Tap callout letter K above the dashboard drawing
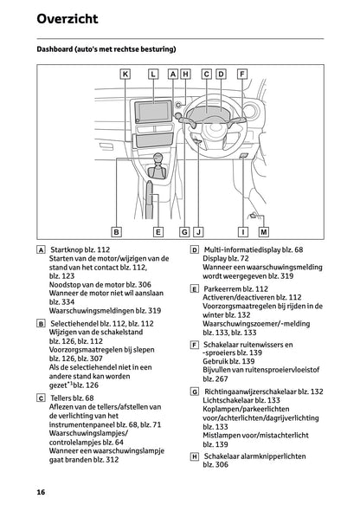[125, 74]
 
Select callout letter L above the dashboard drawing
[153, 74]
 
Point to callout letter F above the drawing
[240, 74]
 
